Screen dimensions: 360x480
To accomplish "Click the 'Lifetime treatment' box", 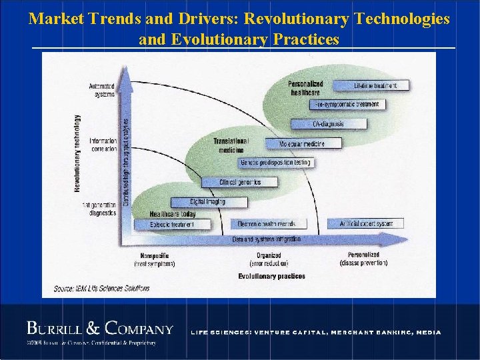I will tap(372, 85).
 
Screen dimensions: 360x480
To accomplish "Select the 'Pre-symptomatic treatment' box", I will tap(348, 104).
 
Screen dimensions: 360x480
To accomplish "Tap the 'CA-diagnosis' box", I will tap(329, 123).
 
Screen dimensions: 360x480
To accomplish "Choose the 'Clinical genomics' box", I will tap(240, 182).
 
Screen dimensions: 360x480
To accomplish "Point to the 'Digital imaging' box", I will tap(208, 201).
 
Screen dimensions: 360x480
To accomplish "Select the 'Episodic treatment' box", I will tap(172, 224).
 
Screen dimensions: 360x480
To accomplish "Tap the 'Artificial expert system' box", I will tap(365, 223).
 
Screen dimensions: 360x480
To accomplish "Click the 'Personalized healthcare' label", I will tap(305, 88).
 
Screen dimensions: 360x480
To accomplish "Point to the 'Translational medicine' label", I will tap(231, 145).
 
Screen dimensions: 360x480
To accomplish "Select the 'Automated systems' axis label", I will tap(102, 90).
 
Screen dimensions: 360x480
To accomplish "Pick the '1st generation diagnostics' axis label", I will tap(100, 209).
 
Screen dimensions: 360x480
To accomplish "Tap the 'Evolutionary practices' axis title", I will tap(271, 276).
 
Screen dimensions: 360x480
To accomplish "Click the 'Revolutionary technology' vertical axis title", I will tap(77, 153).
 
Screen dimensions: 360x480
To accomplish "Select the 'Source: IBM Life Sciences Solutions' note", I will tap(102, 289).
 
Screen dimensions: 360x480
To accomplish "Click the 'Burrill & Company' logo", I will tap(100, 329).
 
